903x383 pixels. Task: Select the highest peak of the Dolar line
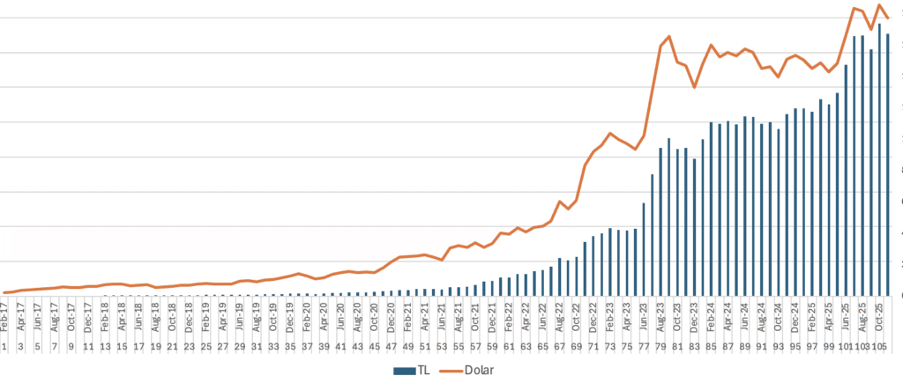tap(879, 5)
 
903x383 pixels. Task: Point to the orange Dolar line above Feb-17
tap(5, 292)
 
